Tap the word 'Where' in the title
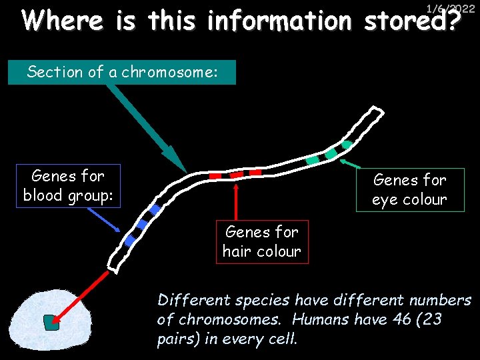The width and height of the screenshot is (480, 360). (x=63, y=21)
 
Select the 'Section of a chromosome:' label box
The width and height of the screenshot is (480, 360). (x=122, y=72)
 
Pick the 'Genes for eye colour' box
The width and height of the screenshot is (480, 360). (x=409, y=190)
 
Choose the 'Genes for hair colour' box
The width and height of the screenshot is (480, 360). (x=262, y=241)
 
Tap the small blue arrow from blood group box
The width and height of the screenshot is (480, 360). (x=107, y=219)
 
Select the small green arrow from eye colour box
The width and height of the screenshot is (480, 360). (x=351, y=163)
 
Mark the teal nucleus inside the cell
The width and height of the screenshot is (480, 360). (x=51, y=323)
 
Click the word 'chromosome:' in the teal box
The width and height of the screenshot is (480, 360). (x=178, y=72)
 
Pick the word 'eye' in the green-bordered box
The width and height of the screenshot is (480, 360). (x=385, y=200)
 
